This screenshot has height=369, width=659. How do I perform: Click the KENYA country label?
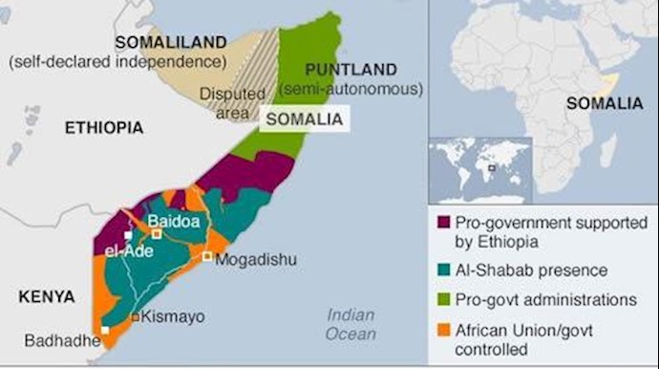point(47,297)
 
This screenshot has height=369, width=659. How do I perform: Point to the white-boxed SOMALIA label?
point(304,119)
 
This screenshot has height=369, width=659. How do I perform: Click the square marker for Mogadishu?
point(205,256)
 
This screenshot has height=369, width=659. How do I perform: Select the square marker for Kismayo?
point(136,316)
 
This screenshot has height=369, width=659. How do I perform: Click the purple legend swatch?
point(442,223)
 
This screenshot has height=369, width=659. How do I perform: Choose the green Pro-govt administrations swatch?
point(442,299)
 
